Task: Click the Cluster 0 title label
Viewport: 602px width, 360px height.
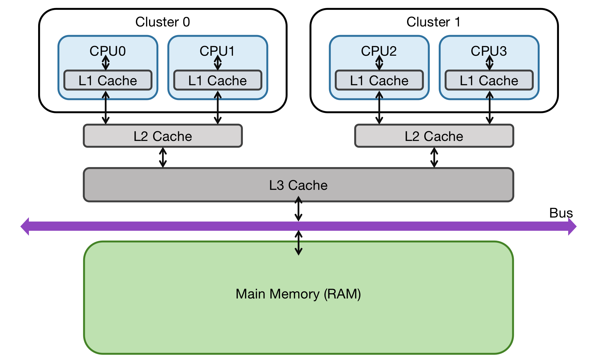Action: coord(163,22)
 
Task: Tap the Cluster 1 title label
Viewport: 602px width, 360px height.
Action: coord(434,22)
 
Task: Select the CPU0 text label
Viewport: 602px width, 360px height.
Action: coord(108,51)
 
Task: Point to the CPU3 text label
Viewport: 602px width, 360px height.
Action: coord(489,51)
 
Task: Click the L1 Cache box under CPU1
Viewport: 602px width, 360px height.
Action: coord(218,81)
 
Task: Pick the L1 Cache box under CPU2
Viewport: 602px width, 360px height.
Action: coord(379,81)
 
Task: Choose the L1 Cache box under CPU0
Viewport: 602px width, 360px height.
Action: coord(108,81)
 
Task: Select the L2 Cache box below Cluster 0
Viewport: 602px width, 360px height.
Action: coord(163,136)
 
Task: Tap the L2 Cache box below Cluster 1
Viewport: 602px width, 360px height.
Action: coord(434,136)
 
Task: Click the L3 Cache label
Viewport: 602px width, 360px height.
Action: coord(298,185)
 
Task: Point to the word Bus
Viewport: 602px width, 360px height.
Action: coord(561,213)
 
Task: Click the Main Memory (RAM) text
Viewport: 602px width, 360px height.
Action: coord(298,294)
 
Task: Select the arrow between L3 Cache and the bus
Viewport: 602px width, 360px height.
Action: coord(299,209)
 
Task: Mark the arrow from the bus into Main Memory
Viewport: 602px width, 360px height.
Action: coord(299,243)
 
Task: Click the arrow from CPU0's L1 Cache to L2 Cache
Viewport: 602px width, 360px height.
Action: coord(106,108)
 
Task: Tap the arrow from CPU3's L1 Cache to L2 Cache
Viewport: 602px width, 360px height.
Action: coord(489,108)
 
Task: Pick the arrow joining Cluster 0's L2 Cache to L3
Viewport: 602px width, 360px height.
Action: coord(163,158)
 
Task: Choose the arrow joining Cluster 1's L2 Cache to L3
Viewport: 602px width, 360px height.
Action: coord(434,158)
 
